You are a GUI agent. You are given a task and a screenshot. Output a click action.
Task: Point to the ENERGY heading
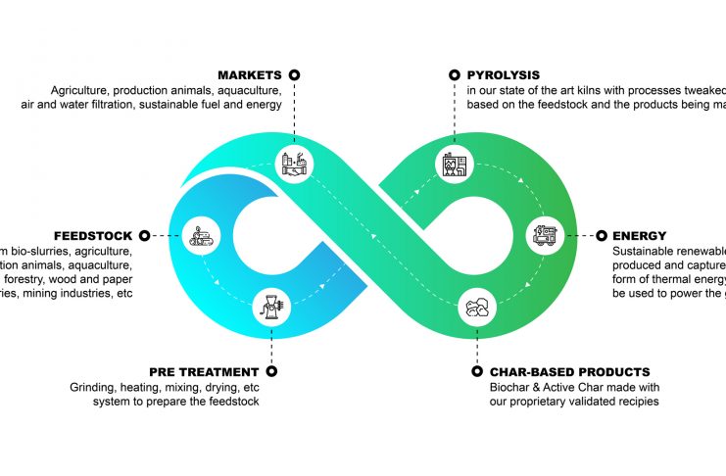coord(639,236)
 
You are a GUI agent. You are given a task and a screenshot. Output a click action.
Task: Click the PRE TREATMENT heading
coord(204,372)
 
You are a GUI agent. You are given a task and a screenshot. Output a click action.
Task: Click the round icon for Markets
coord(294,161)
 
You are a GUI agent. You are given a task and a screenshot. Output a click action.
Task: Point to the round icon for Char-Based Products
coord(477,306)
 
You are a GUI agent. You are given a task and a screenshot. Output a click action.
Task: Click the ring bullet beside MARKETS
coord(294,74)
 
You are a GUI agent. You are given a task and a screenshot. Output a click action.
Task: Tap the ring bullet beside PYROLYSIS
coord(454,74)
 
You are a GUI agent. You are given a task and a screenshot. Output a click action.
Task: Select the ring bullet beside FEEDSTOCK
coord(144,236)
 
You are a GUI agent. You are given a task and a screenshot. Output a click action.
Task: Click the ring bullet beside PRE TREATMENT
coord(271,372)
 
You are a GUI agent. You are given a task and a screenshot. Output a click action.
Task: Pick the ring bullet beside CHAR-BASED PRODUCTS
coord(477,372)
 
